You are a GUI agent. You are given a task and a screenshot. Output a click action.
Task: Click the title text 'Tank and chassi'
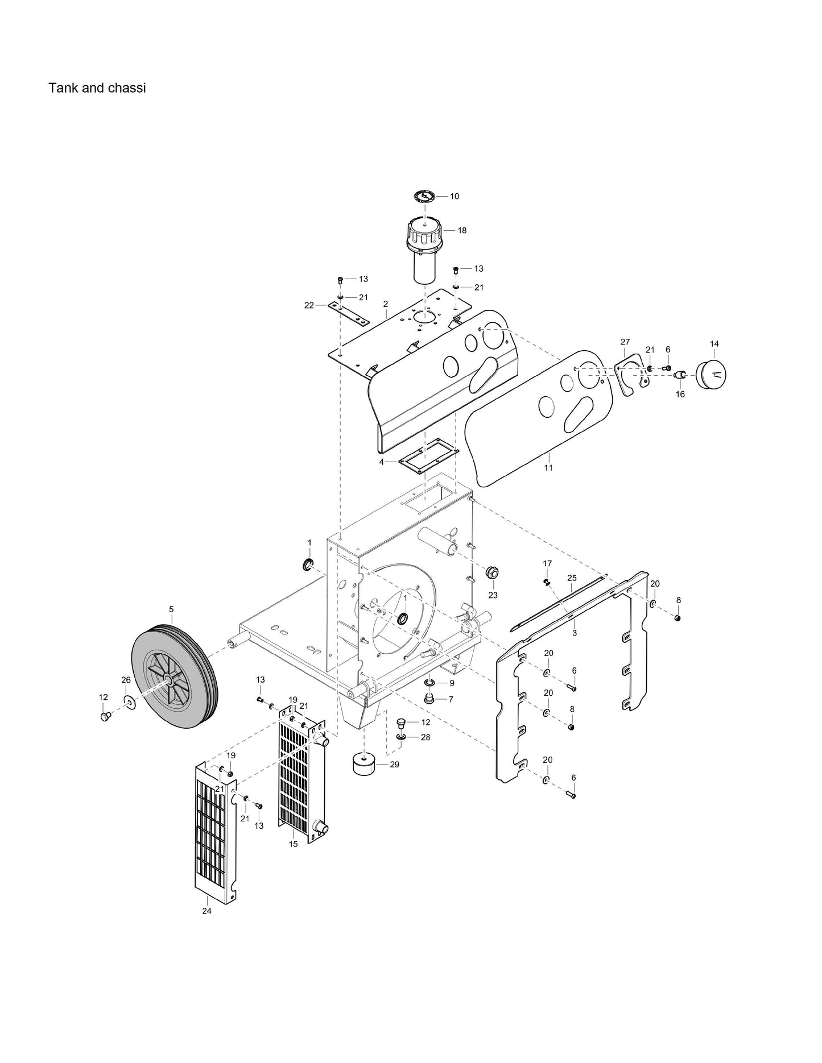click(x=97, y=88)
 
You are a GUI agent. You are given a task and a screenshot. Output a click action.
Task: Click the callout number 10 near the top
click(x=455, y=196)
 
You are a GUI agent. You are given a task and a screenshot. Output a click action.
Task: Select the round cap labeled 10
click(x=424, y=197)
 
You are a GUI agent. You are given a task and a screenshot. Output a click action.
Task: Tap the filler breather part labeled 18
click(x=423, y=250)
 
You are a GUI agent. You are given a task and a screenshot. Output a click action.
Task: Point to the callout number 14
click(x=714, y=343)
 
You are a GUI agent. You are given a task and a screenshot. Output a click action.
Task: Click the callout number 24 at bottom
click(x=206, y=911)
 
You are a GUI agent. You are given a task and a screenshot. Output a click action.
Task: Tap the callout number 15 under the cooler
click(x=293, y=844)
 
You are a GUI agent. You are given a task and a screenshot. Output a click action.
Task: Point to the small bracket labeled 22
click(x=348, y=312)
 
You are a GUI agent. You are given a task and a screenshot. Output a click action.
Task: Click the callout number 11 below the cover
click(x=548, y=467)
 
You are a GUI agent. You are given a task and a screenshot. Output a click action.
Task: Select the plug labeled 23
click(x=491, y=572)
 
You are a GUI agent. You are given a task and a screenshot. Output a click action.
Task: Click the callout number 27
click(x=625, y=342)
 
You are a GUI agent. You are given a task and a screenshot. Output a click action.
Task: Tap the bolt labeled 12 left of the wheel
click(x=105, y=716)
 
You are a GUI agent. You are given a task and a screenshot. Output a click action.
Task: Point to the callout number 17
click(x=547, y=563)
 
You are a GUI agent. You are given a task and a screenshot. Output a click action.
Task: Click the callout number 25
click(x=572, y=578)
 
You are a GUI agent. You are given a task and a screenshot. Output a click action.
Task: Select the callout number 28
click(x=425, y=737)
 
